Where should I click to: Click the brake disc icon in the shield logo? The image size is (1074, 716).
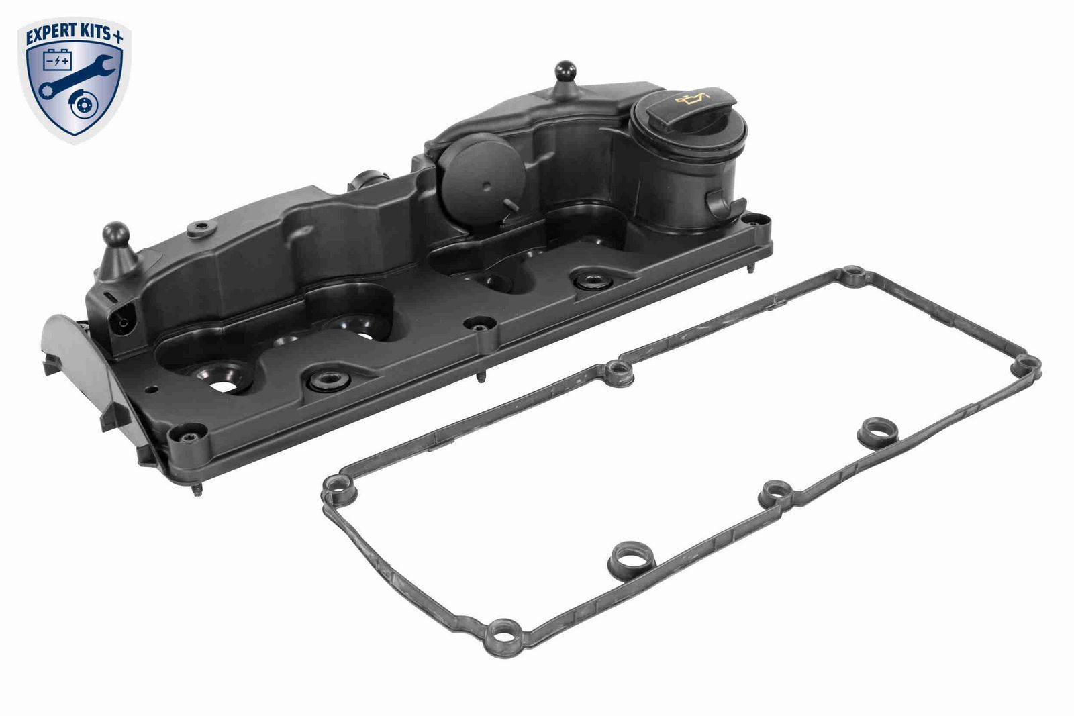[x=83, y=109]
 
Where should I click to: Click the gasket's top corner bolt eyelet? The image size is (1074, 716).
[x=852, y=276]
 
